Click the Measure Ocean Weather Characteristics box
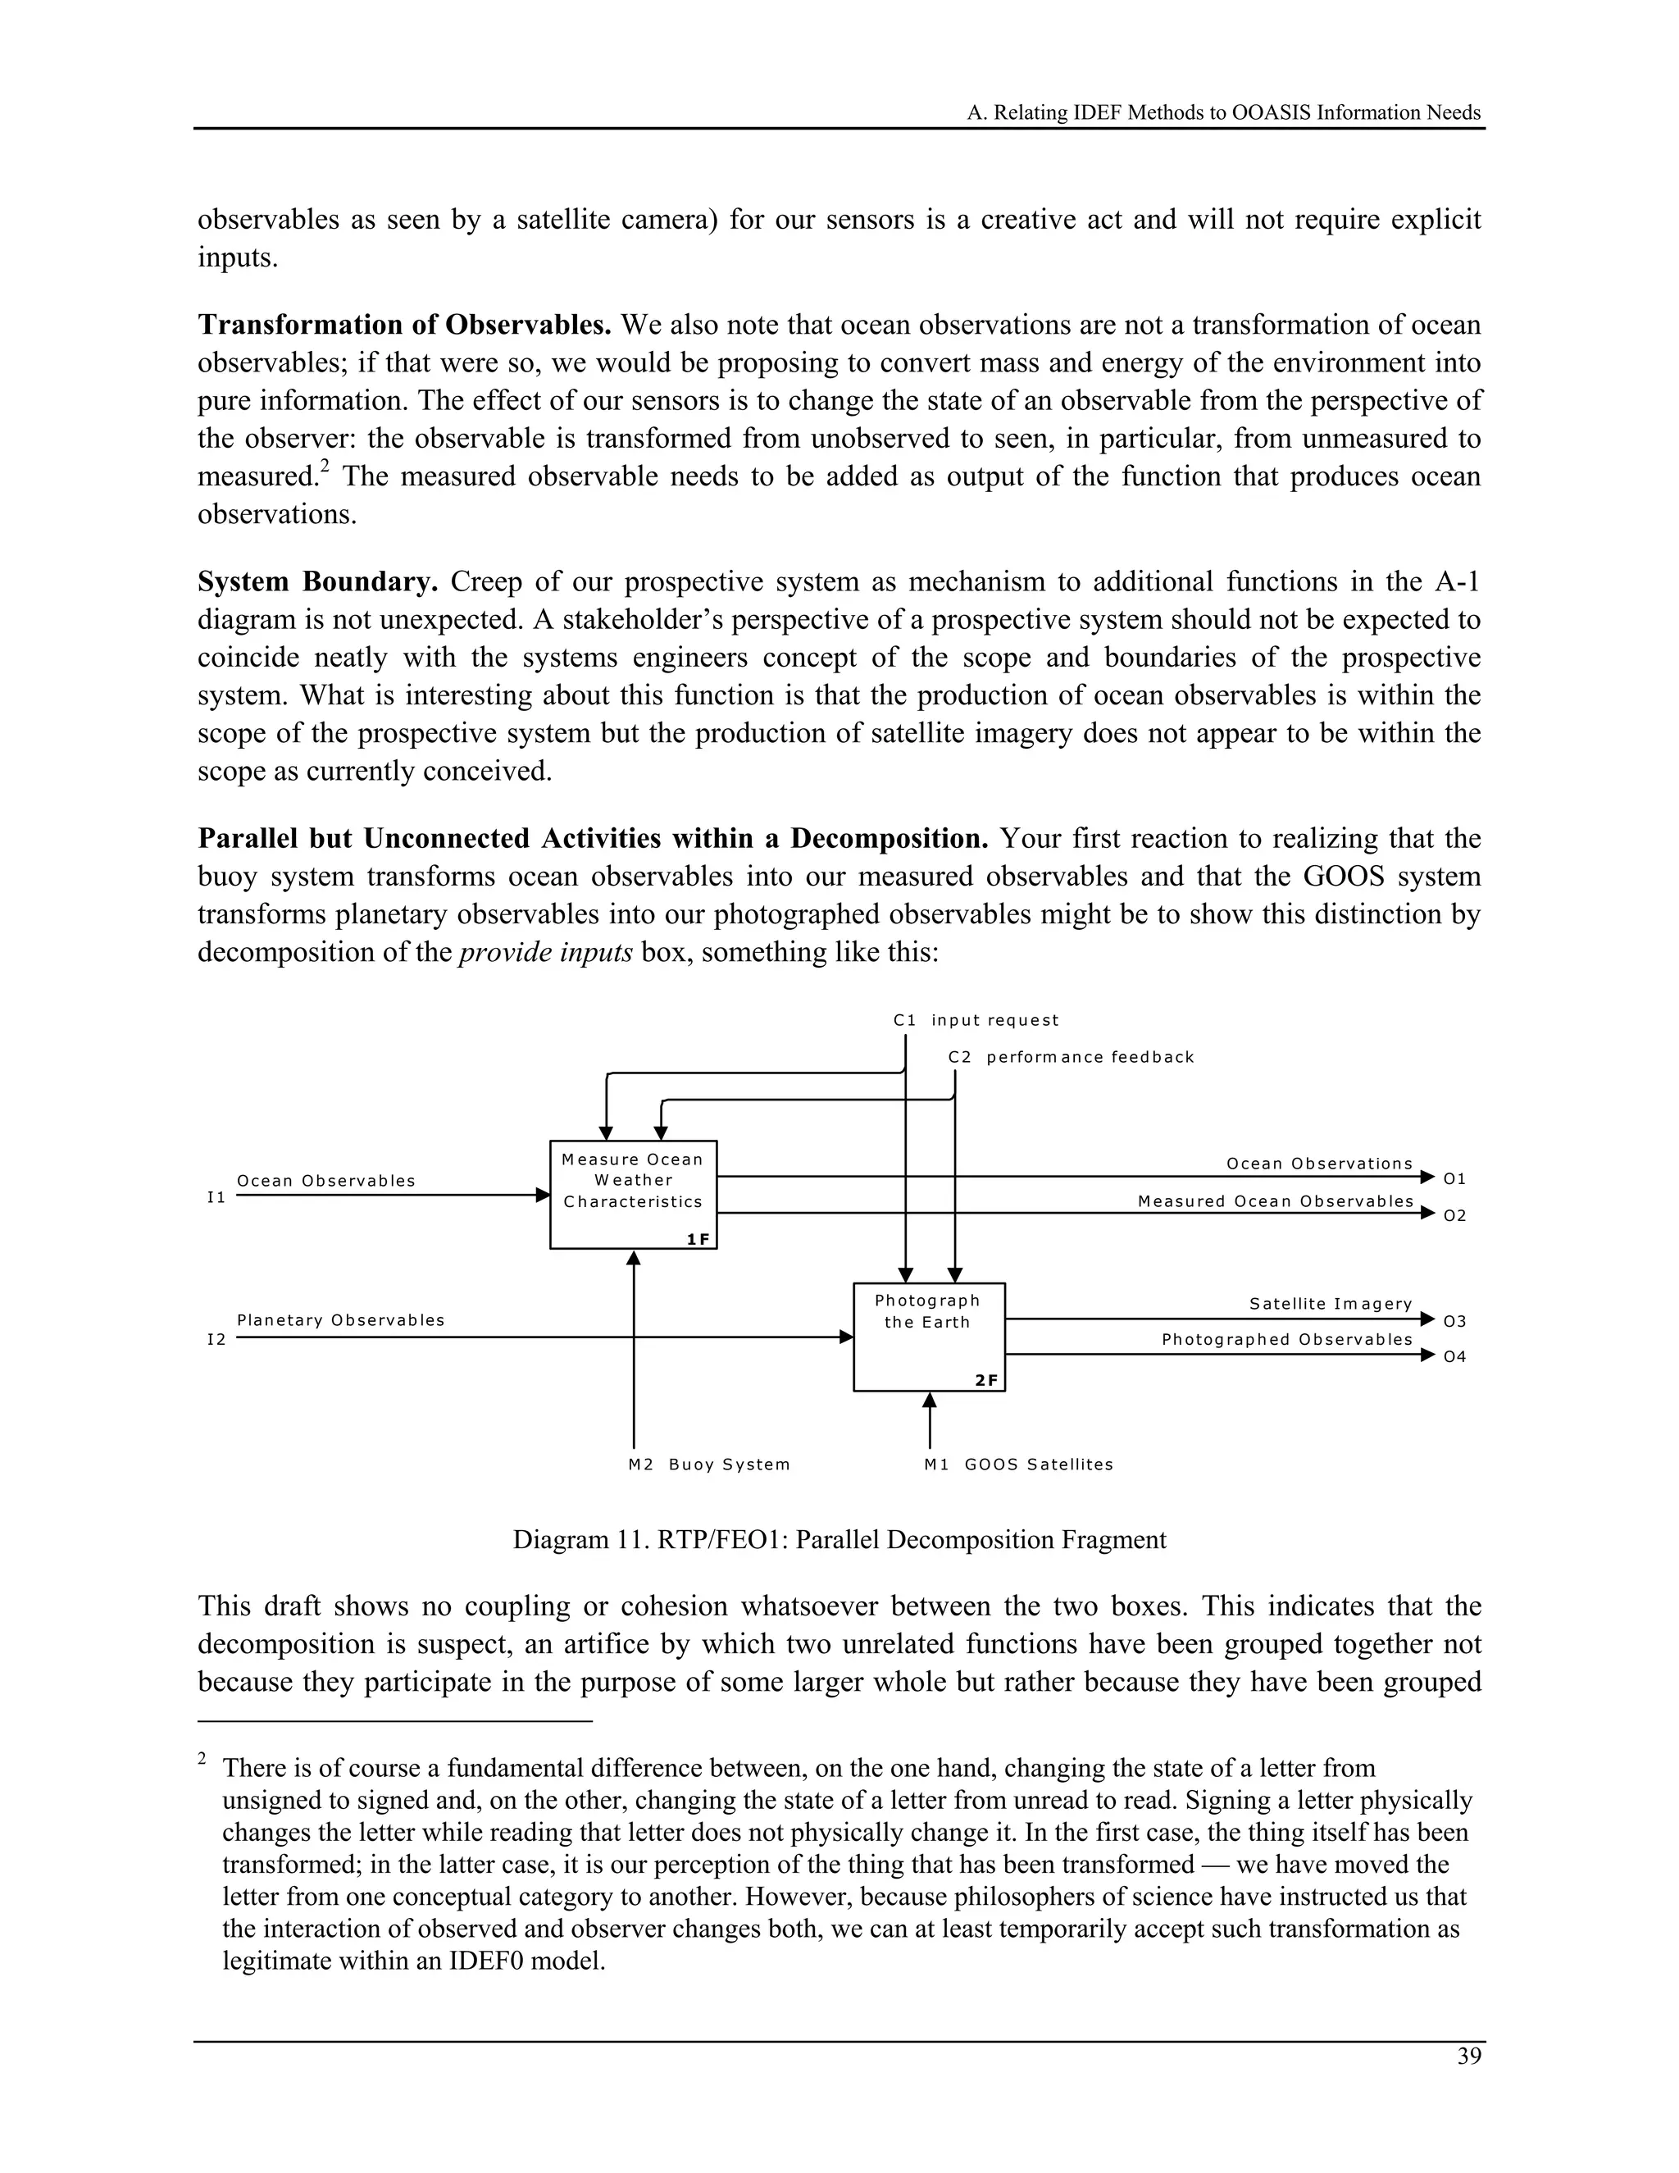coord(633,1194)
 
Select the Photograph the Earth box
coord(928,1337)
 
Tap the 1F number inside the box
coord(698,1239)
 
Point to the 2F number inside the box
coord(985,1380)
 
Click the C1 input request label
coord(975,1020)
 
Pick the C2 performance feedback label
coord(1070,1057)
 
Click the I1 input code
coord(216,1197)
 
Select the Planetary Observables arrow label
coord(340,1319)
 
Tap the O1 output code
coord(1454,1178)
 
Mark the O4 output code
coord(1454,1356)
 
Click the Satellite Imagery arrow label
coord(1330,1304)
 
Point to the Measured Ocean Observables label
coord(1275,1201)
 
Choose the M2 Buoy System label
coord(708,1464)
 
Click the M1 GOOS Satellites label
coord(1017,1464)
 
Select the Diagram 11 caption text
coord(839,1539)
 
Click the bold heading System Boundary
coord(317,581)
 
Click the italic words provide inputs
coord(545,952)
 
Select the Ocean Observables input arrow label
coord(325,1180)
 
